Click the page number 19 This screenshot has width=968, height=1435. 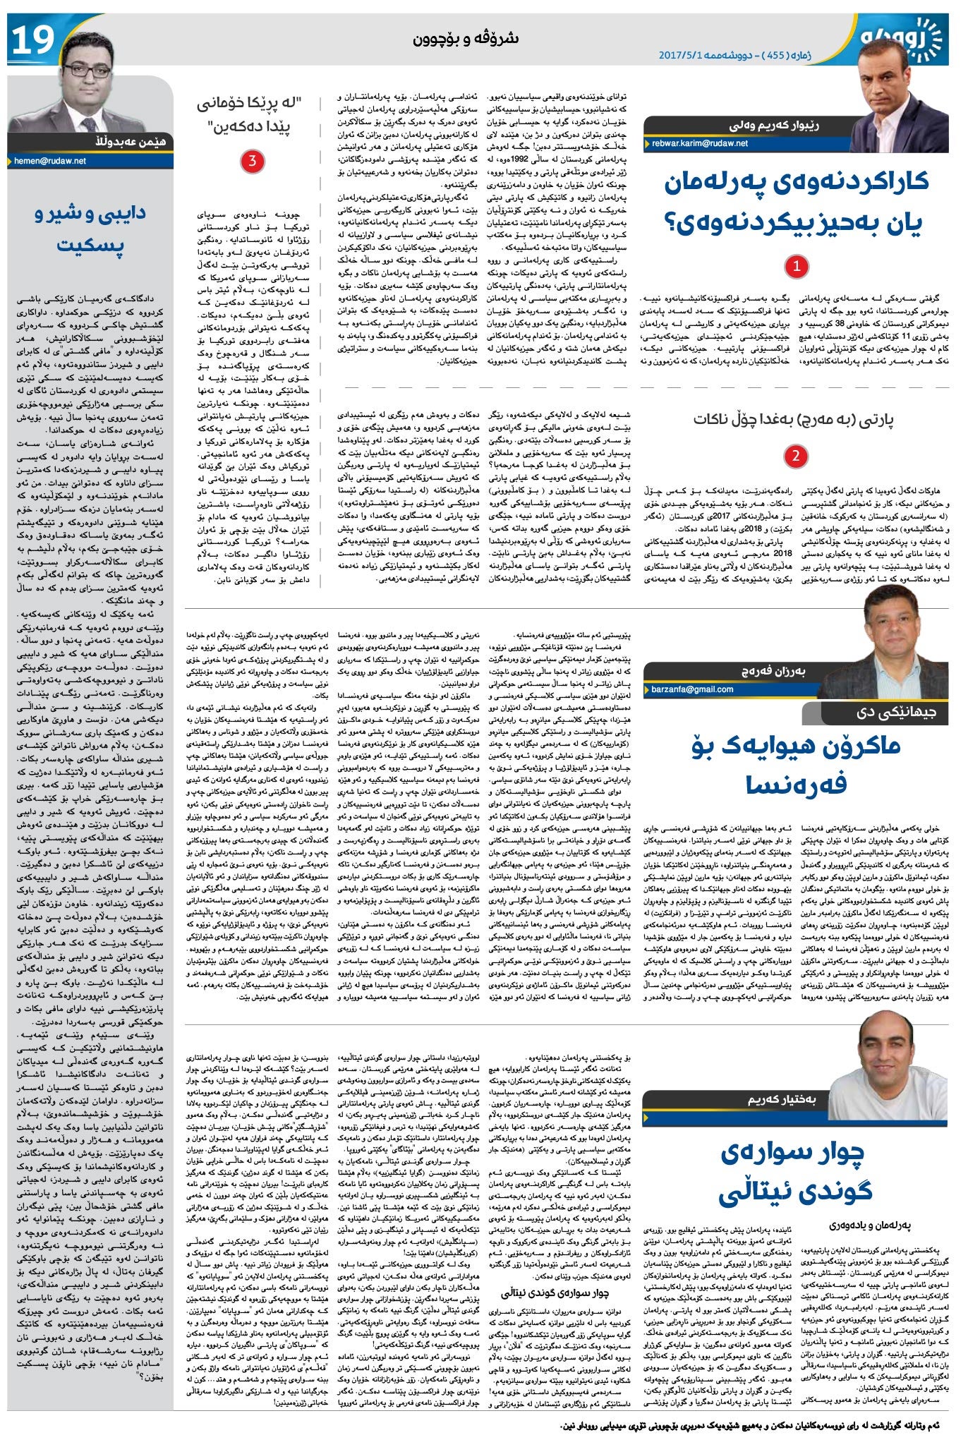tap(32, 40)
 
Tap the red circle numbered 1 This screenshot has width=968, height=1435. tap(796, 267)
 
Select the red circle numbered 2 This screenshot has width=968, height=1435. tap(795, 455)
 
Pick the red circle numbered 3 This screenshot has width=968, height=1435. tap(252, 162)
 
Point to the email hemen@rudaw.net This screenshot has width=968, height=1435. tap(50, 161)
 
